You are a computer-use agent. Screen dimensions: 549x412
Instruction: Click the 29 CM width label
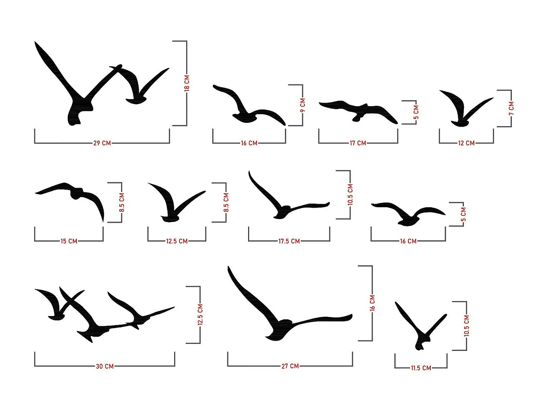pos(102,143)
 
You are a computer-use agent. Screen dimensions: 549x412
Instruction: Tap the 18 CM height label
pos(187,83)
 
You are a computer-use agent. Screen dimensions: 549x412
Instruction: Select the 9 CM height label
pos(303,105)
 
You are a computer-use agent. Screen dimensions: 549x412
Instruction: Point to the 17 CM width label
pos(358,143)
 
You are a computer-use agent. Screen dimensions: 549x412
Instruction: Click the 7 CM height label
pos(511,108)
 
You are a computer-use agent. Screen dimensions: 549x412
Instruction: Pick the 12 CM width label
pos(466,143)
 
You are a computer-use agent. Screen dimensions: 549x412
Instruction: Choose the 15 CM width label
pos(69,241)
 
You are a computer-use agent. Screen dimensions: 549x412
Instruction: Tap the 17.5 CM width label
pos(289,241)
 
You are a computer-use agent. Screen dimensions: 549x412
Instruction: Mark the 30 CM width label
pos(105,366)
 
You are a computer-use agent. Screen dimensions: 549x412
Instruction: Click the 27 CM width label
pos(290,366)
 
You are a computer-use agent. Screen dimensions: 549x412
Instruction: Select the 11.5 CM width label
pos(421,368)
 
